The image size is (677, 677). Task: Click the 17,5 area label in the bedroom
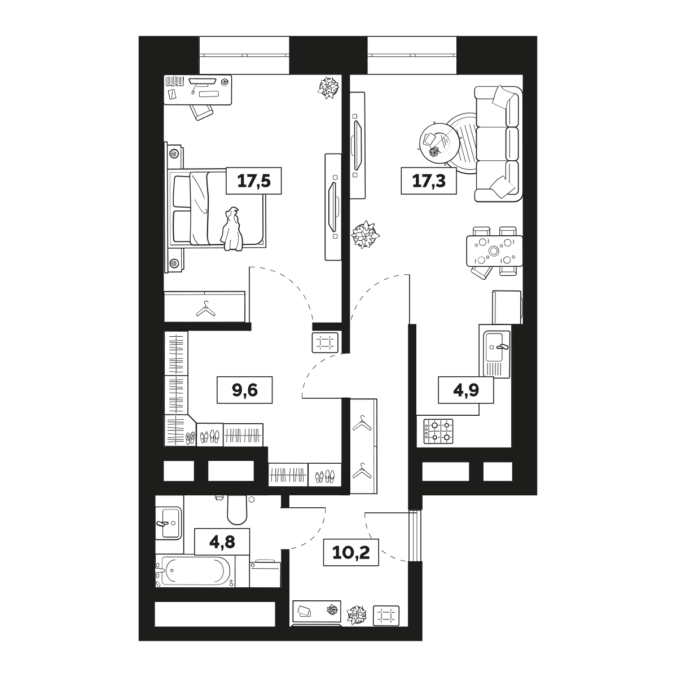tap(254, 181)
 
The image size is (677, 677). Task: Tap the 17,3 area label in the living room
tap(429, 181)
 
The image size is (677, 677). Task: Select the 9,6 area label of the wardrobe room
tap(245, 390)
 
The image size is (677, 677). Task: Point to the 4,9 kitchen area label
tap(466, 390)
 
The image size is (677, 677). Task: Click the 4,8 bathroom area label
tap(222, 542)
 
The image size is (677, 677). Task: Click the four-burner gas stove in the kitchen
tap(438, 431)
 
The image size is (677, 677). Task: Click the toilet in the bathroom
tap(237, 509)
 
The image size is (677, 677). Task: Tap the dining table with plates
tap(494, 251)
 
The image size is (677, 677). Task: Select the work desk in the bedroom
tap(198, 90)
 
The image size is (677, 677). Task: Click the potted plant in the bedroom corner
tap(328, 87)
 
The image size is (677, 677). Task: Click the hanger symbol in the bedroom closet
tap(206, 309)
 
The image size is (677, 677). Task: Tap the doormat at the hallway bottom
tap(386, 625)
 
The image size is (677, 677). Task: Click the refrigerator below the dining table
tap(507, 307)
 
